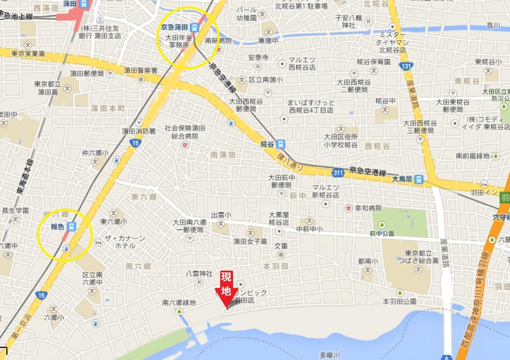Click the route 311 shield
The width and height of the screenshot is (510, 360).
337,173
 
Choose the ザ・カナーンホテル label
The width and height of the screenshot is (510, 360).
125,242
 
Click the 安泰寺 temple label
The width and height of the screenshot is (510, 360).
258,58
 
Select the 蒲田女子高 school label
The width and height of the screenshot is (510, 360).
250,241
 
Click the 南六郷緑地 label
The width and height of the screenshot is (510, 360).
179,302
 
